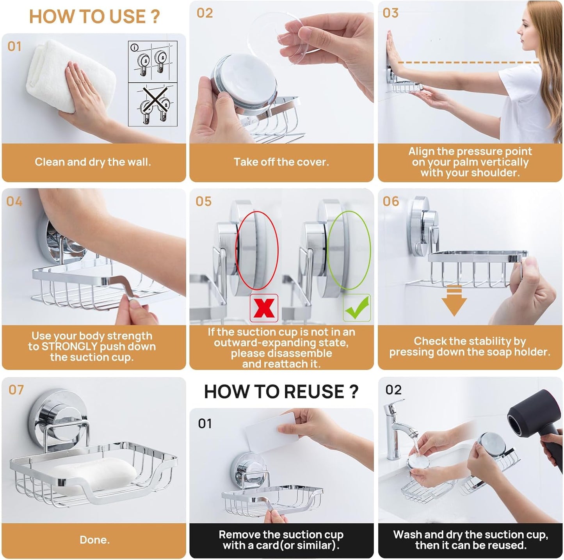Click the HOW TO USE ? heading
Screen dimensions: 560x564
94,17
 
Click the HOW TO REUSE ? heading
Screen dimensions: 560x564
281,391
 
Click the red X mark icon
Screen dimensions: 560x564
264,308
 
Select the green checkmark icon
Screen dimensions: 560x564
357,308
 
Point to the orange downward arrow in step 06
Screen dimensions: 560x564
454,300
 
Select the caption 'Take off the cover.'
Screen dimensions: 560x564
281,162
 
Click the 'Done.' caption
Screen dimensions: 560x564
94,540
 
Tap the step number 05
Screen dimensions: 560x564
204,201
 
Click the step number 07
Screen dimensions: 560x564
16,390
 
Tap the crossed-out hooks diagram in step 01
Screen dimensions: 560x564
153,105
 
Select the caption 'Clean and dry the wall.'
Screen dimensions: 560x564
93,162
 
